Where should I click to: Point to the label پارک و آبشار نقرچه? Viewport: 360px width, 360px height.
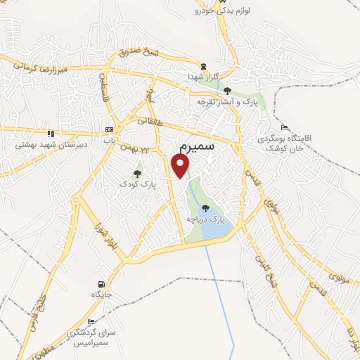point(227,103)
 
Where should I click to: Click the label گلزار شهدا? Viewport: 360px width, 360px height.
point(204,75)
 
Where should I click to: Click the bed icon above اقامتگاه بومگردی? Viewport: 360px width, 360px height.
point(283,127)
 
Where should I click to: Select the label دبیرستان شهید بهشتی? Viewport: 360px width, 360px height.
point(49,144)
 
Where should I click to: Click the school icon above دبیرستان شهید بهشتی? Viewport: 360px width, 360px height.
point(50,133)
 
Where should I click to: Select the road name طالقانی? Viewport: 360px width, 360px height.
point(148,119)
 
